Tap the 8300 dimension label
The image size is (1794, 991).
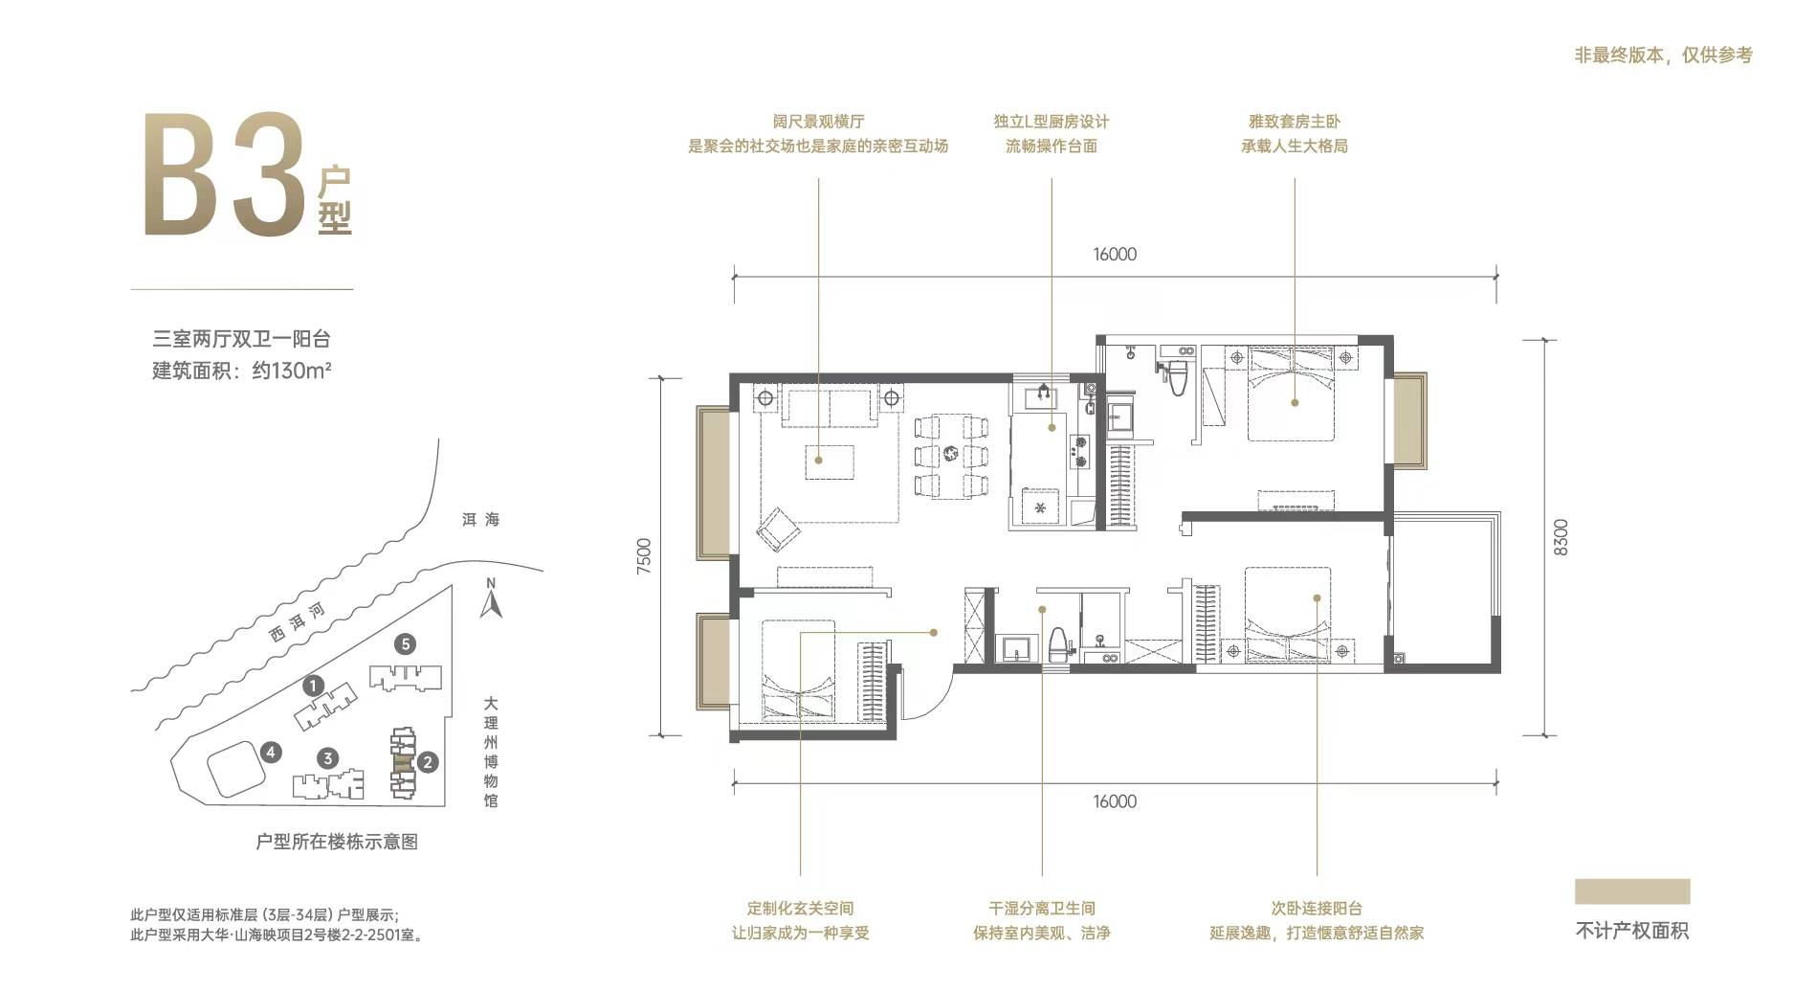coord(1561,537)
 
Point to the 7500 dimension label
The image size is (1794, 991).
coord(643,556)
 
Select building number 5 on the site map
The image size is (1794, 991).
coord(406,644)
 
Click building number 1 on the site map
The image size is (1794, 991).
coord(312,686)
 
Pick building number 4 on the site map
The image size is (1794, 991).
coord(272,753)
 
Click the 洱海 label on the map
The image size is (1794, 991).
coord(480,520)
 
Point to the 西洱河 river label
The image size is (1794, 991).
coord(297,622)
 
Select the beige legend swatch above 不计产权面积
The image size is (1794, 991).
coord(1632,891)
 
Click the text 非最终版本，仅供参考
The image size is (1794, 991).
coord(1664,56)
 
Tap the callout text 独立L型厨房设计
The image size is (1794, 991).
coord(1052,122)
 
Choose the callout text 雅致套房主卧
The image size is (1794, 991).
coord(1295,122)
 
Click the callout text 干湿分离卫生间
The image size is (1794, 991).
coord(1042,908)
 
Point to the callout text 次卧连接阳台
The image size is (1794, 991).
coord(1317,908)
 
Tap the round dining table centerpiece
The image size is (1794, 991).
coord(950,455)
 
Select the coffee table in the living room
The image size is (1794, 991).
coord(830,461)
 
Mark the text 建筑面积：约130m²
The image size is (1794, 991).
coord(242,371)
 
